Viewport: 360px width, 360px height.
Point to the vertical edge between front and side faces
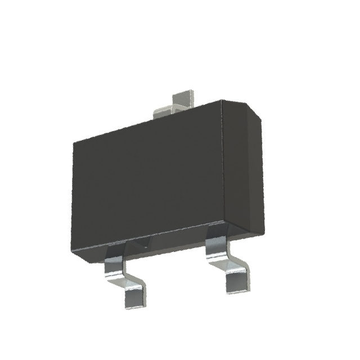(x=223, y=169)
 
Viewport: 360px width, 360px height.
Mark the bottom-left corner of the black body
(x=73, y=251)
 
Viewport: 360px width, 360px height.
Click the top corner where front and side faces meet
(x=222, y=101)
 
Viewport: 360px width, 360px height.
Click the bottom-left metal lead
(x=125, y=276)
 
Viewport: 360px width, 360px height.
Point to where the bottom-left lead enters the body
(x=116, y=247)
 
